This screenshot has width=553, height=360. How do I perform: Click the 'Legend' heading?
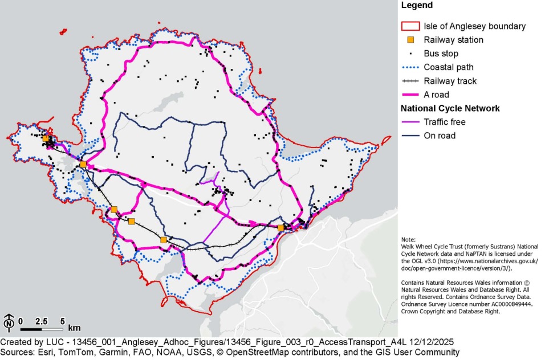[x=417, y=6]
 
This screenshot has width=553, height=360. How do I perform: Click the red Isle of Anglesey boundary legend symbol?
[x=410, y=26]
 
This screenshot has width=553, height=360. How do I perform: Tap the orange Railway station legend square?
[x=410, y=40]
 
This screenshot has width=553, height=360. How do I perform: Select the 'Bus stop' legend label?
[x=441, y=54]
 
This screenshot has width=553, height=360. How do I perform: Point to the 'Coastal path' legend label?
[x=448, y=67]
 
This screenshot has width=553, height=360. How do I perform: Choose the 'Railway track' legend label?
[x=450, y=81]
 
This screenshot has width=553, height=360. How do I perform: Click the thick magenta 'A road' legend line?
[x=410, y=95]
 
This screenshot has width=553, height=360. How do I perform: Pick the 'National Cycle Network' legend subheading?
[x=450, y=108]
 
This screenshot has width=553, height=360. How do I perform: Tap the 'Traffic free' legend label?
[x=444, y=122]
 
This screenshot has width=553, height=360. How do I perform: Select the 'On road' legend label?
[x=440, y=136]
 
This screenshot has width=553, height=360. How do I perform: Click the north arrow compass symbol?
[x=9, y=323]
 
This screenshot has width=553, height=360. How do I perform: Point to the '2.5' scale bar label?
[x=41, y=321]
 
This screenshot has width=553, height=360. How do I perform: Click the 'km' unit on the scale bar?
[x=74, y=329]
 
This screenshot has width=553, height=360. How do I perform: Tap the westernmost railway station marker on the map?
[x=46, y=138]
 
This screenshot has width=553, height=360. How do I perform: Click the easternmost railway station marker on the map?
[x=280, y=228]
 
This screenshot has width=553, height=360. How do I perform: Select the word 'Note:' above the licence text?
[x=409, y=239]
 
